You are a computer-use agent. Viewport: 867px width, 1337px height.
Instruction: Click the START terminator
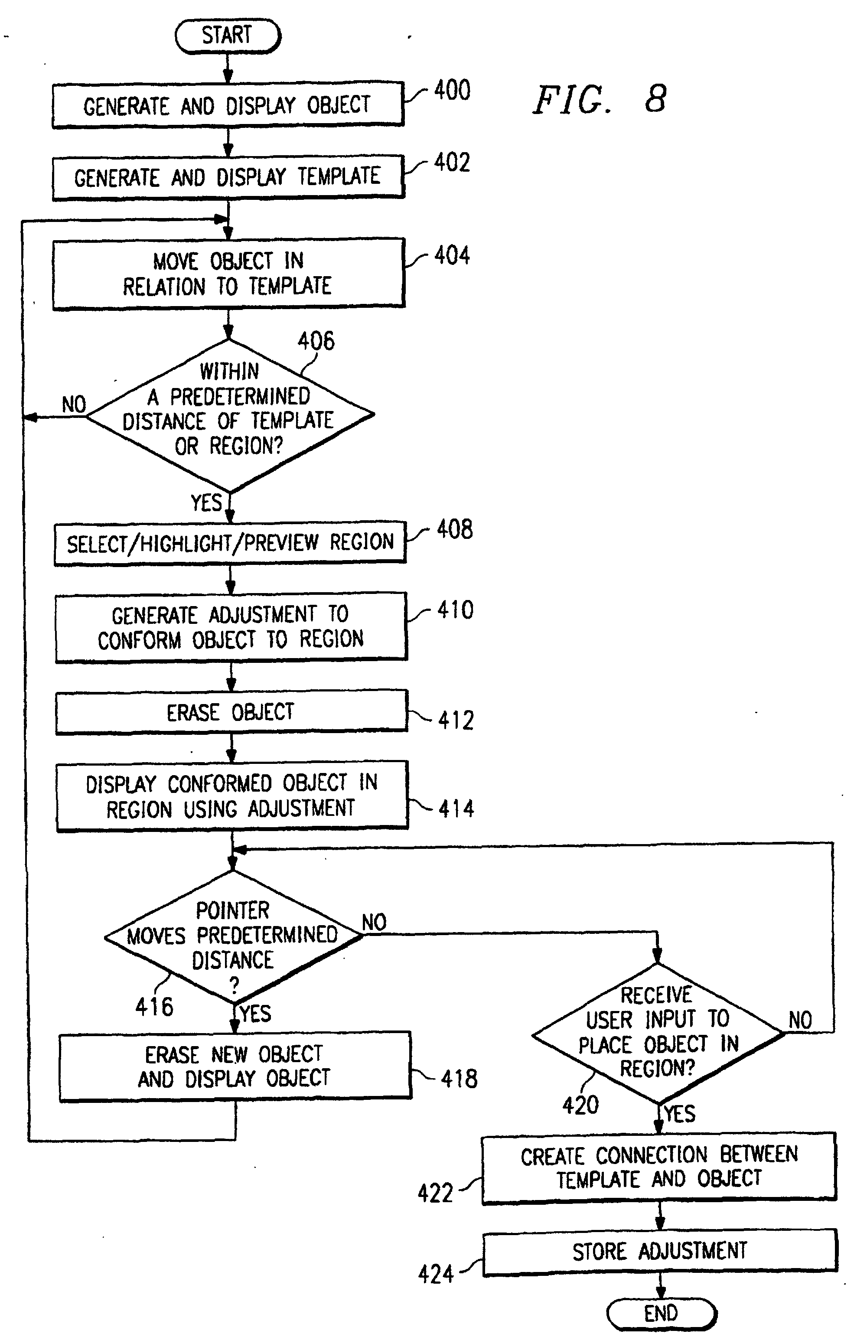click(228, 36)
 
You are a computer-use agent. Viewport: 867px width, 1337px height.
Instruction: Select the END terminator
click(662, 1314)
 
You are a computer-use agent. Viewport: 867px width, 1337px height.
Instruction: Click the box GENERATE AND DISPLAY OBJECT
click(228, 105)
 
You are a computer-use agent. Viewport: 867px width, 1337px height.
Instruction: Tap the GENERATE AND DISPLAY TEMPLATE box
click(228, 177)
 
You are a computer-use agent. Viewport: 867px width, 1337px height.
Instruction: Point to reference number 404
click(452, 256)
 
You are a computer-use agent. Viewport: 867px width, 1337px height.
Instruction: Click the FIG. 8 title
click(600, 100)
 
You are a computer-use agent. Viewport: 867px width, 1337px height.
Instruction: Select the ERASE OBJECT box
click(231, 712)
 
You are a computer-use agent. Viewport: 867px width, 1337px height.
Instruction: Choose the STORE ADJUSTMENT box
click(660, 1252)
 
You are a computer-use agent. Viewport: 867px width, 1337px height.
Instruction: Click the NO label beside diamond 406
click(74, 404)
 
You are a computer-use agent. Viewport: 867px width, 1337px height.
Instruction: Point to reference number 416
click(154, 1007)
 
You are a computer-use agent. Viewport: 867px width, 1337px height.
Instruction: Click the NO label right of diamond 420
click(800, 1020)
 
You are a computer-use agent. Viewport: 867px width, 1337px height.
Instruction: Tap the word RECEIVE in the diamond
click(656, 995)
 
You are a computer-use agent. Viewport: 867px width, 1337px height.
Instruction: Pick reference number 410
click(455, 610)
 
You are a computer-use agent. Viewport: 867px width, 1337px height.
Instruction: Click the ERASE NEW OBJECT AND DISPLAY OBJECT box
click(235, 1066)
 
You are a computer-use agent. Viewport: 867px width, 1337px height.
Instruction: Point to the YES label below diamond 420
click(680, 1113)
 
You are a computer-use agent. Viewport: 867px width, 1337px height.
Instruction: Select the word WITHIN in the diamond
click(229, 372)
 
